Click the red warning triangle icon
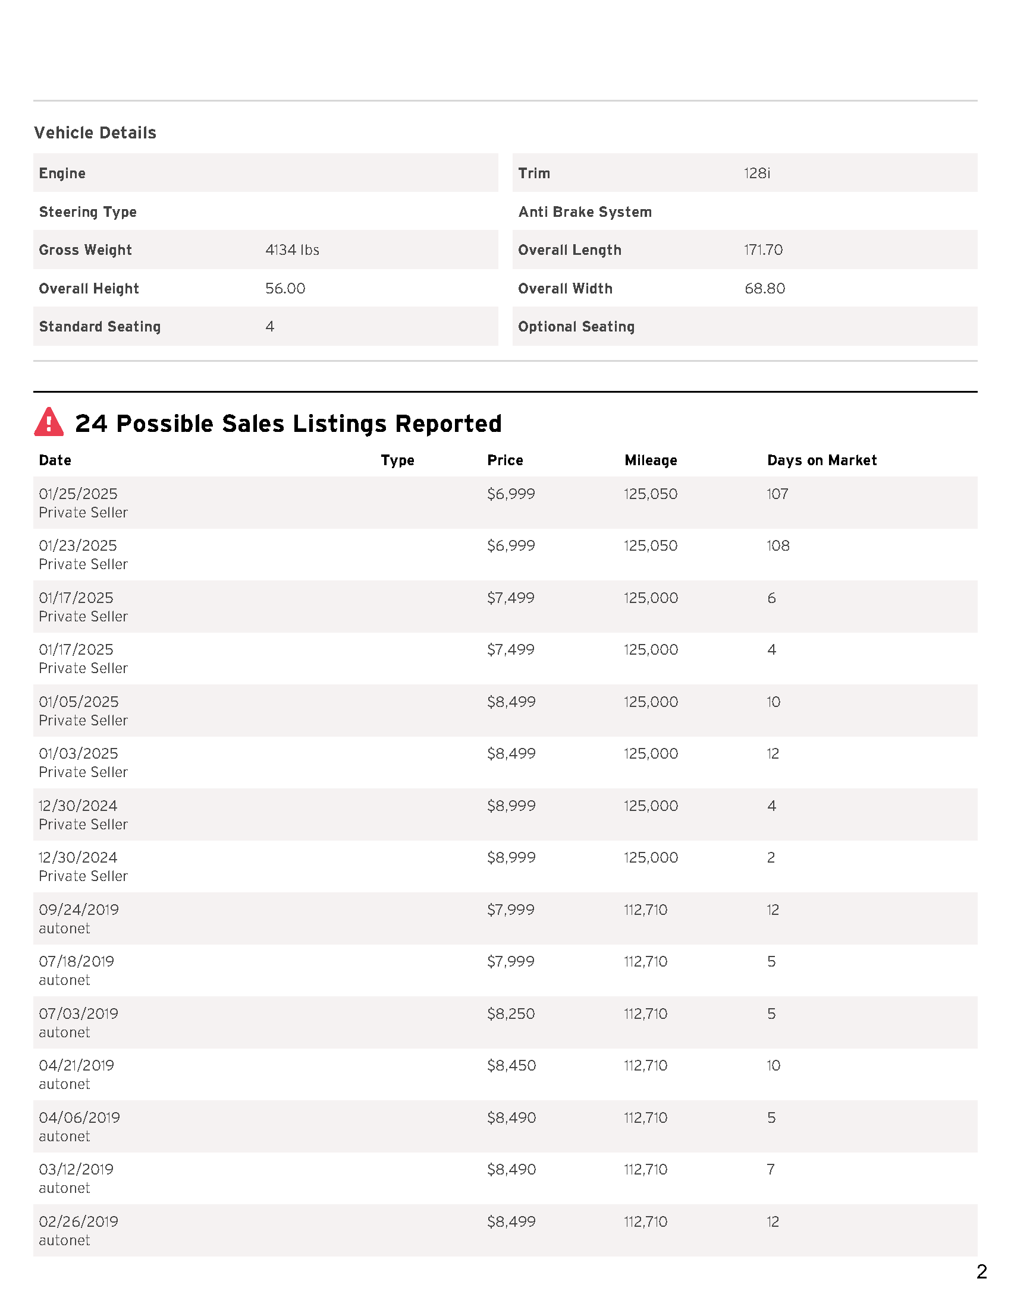(49, 422)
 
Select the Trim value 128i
(757, 173)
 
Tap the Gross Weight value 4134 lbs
(292, 250)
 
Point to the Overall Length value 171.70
(763, 250)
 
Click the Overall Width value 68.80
(764, 289)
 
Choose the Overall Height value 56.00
(285, 289)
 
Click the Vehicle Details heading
(95, 133)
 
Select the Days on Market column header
(822, 460)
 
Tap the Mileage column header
(651, 460)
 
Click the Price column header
(505, 460)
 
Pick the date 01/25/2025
(79, 494)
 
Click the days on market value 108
(778, 546)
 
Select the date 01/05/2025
(79, 702)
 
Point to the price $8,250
(511, 1014)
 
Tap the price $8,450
(511, 1065)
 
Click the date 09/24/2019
(79, 910)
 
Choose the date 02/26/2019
(79, 1221)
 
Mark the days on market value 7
(771, 1169)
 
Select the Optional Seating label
(576, 327)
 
